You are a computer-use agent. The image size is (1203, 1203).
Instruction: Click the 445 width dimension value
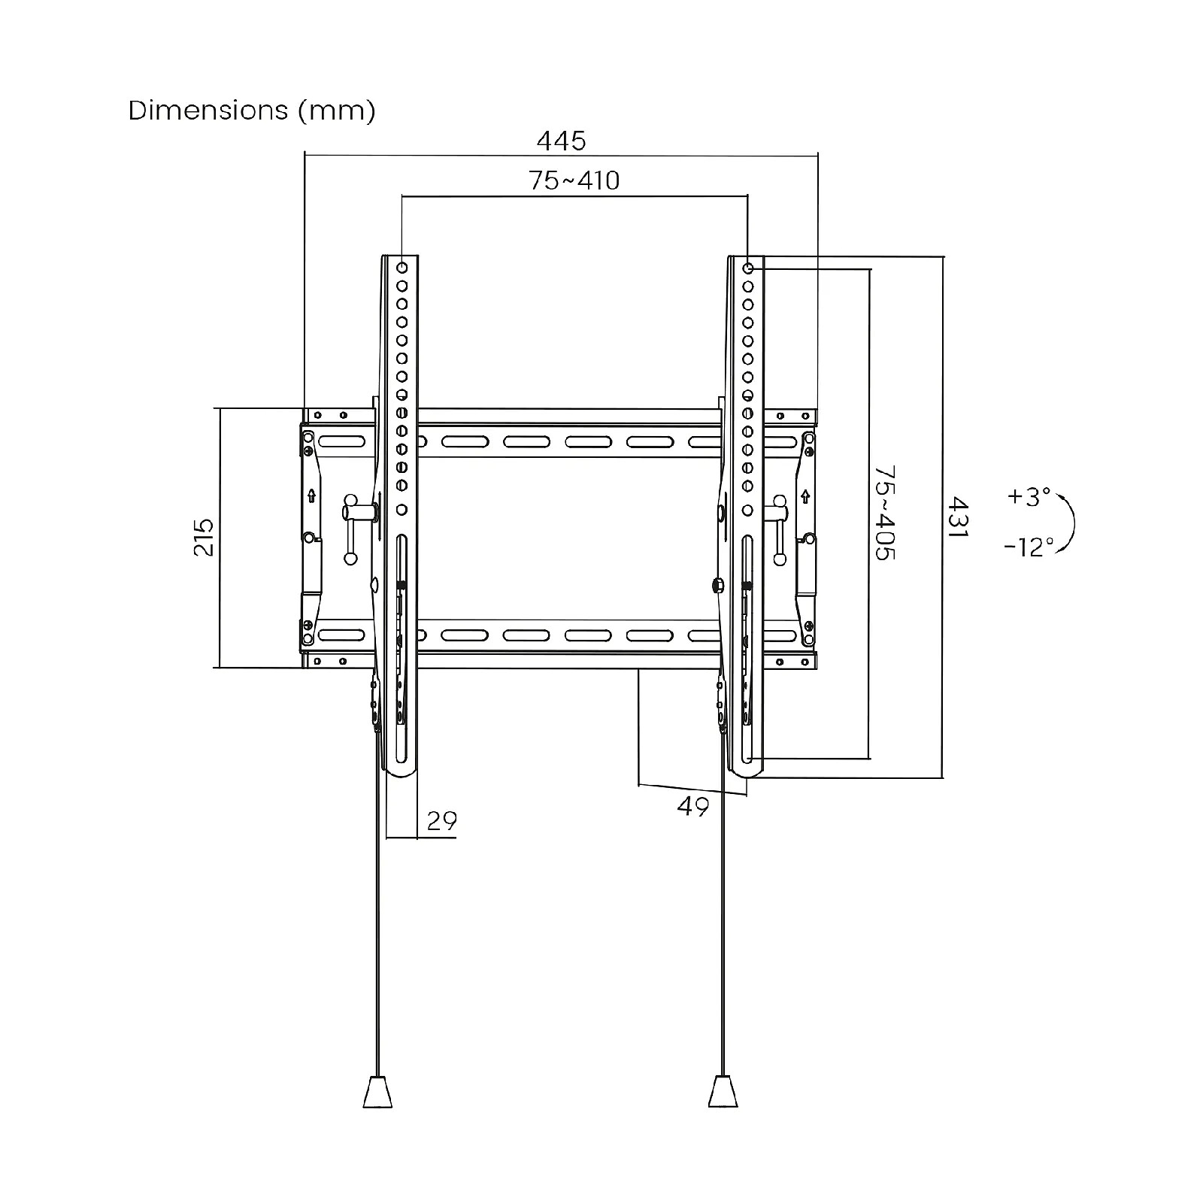[561, 141]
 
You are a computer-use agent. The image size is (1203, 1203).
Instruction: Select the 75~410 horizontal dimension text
[574, 180]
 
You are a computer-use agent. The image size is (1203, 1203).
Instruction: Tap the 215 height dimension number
[205, 537]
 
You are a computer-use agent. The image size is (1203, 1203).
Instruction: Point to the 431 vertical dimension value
[956, 517]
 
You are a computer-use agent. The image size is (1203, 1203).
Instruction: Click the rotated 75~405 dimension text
[884, 513]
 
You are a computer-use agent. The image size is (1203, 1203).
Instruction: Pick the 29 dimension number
[441, 820]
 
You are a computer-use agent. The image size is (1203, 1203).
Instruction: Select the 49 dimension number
[692, 807]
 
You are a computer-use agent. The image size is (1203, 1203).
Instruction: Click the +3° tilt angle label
[1029, 496]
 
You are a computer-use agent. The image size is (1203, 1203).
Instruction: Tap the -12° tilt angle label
[1029, 547]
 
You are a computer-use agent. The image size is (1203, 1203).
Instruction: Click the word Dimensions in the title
[208, 111]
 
